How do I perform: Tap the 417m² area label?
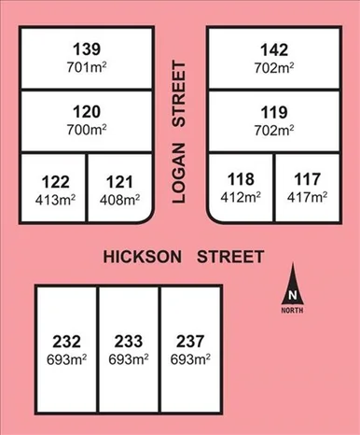(307, 197)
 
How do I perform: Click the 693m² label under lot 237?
(190, 358)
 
